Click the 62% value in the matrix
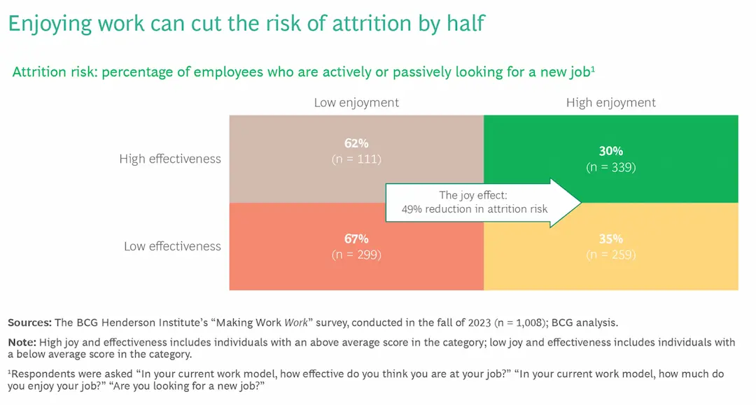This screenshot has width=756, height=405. (x=356, y=143)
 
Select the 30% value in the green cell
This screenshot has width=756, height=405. (x=610, y=151)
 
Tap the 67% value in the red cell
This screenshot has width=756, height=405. (x=356, y=239)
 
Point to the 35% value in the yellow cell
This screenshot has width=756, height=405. (x=610, y=239)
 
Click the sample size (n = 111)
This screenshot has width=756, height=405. (x=356, y=159)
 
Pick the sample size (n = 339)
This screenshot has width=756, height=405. (x=610, y=167)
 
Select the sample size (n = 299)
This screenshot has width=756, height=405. (x=356, y=255)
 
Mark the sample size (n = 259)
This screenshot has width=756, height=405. (x=610, y=255)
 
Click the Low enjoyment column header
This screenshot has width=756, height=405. (x=356, y=103)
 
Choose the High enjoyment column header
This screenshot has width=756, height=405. (x=610, y=103)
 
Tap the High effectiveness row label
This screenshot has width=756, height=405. (x=169, y=159)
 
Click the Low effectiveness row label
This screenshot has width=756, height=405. (x=172, y=246)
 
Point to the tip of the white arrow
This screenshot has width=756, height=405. (x=580, y=203)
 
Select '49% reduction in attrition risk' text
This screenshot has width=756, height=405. (x=474, y=209)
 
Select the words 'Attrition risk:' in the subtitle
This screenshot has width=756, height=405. (x=55, y=73)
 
